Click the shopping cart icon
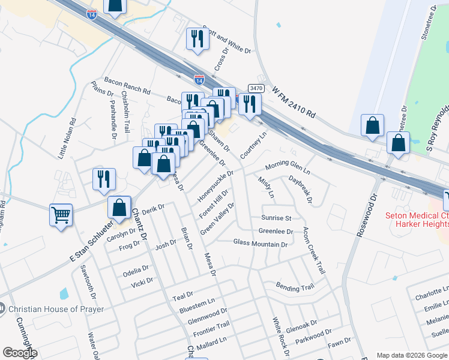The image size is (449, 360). pos(61,214)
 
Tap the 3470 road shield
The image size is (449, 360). pos(256,88)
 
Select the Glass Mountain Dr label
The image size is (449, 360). pos(260,244)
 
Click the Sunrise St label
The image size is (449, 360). pos(276,218)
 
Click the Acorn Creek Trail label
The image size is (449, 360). pos(314,251)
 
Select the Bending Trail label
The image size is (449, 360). pos(295,287)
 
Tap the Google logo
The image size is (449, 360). pos(20,353)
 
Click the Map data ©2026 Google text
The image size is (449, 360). pos(412,355)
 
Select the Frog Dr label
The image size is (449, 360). pos(129,246)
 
